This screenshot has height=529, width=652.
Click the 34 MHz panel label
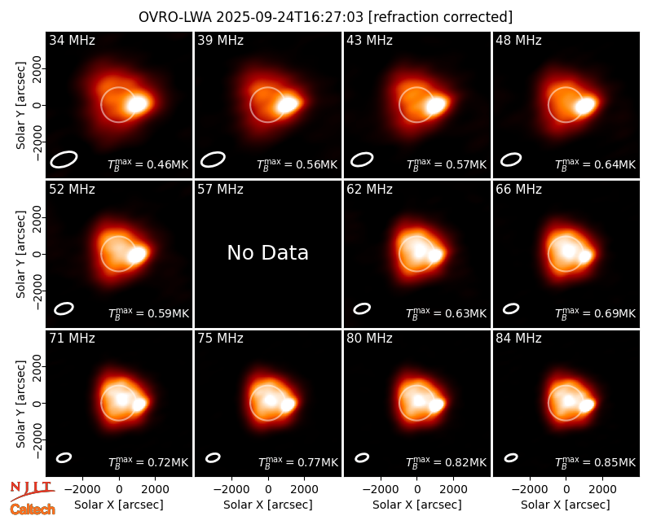click(72, 40)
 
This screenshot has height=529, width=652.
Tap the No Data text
click(268, 252)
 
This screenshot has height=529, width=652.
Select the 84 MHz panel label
click(518, 339)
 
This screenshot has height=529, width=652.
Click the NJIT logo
click(32, 490)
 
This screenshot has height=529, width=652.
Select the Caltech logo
click(33, 509)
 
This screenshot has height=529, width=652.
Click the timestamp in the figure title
click(289, 17)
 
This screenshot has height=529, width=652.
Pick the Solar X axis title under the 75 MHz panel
click(268, 505)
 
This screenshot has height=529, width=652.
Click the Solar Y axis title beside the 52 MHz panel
click(20, 254)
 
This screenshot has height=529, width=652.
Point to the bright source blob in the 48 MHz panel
click(587, 105)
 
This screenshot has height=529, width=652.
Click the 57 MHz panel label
click(220, 190)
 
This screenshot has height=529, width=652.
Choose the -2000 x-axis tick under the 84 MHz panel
click(529, 490)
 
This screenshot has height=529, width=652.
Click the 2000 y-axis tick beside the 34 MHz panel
click(37, 68)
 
